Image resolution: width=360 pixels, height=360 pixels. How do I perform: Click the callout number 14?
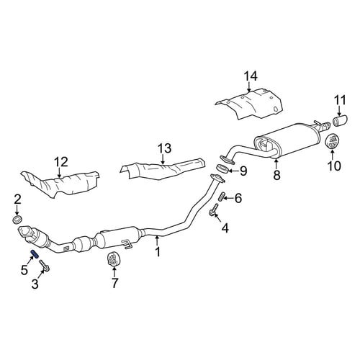pos(251,76)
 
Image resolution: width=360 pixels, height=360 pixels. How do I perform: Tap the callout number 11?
pos(340,100)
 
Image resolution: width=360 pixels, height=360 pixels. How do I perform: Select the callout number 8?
pos(276,175)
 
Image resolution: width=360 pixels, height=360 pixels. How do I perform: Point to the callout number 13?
pos(164,148)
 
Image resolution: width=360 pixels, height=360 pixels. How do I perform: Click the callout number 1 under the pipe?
pos(158,252)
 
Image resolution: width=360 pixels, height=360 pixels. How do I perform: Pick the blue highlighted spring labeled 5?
pos(35,253)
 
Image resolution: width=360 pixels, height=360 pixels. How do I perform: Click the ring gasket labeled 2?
pos(17,219)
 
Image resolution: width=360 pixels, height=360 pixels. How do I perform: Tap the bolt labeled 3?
pos(45,266)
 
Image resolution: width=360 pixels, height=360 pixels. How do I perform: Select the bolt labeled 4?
pos(214,210)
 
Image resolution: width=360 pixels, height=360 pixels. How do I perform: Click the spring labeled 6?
pos(222,197)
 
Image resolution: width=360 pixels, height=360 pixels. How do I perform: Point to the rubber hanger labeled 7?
pos(112,259)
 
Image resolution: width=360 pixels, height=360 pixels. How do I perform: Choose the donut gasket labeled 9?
pos(222,168)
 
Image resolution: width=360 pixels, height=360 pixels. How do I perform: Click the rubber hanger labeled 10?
pos(333,142)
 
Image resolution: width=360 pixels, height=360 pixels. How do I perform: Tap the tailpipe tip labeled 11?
pos(341,121)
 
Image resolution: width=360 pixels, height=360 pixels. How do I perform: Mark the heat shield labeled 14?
pos(250,104)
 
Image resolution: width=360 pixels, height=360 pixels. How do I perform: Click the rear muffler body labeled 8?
pos(287,140)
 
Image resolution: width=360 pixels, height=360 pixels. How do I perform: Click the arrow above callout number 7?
pos(114,271)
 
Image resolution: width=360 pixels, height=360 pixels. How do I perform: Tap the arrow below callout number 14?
pos(250,87)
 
